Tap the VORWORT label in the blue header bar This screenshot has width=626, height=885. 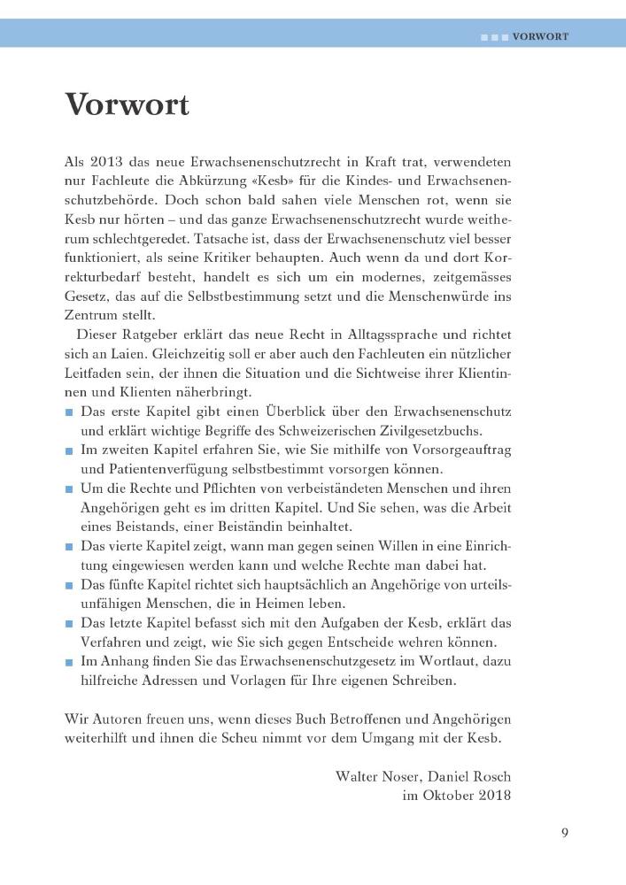540,38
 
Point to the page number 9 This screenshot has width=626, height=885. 564,832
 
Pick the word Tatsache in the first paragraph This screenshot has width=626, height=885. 218,240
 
